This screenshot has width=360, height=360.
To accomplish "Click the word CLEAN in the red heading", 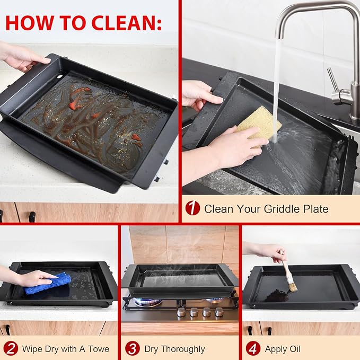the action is point(124,23).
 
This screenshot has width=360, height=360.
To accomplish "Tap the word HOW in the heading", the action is point(30,23).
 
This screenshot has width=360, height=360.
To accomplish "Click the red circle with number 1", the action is point(192,208).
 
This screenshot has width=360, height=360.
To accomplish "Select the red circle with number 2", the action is point(11,348).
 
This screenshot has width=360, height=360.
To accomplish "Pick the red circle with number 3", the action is point(133,348).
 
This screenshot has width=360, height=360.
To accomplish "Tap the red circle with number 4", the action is point(253,348).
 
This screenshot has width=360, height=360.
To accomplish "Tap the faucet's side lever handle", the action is point(333,80).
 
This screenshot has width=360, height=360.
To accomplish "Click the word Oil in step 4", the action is point(295,349).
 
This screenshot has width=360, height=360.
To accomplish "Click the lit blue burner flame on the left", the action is point(148,302).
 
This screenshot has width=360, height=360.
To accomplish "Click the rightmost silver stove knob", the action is point(219,312).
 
